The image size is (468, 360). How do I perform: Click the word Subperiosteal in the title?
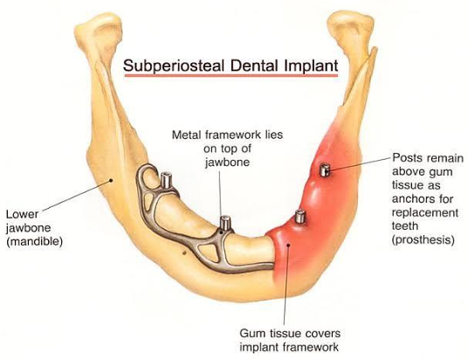coord(174,66)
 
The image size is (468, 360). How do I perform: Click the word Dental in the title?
coord(254,66)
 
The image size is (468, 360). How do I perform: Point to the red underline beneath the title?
coord(231,76)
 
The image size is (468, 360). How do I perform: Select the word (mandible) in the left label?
coord(35,241)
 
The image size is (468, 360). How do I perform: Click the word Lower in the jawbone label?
coord(23,214)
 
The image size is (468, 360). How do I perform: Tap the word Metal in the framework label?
coord(187,135)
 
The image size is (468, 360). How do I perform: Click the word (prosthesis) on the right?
coord(423,239)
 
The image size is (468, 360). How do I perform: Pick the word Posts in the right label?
coord(406,158)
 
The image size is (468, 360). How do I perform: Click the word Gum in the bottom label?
coord(251,334)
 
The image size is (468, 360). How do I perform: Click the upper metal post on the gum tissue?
coord(324,170)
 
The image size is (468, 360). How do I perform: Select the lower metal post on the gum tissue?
coord(299,217)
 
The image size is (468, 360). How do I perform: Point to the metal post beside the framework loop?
coord(166,180)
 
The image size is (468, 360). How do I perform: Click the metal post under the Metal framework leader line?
coord(225,224)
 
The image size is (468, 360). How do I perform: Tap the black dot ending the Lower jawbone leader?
coord(111,180)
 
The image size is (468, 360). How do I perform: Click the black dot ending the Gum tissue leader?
coord(288,245)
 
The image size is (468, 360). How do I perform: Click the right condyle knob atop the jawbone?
coord(351,27)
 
